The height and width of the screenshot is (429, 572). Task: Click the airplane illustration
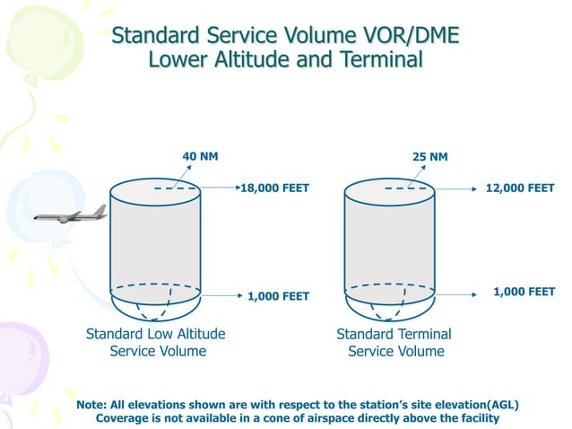pyautogui.click(x=71, y=214)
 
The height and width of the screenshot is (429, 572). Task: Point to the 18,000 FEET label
pyautogui.click(x=274, y=188)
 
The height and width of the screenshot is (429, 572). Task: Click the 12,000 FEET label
pyautogui.click(x=520, y=188)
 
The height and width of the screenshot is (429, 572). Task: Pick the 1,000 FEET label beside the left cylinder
pyautogui.click(x=278, y=295)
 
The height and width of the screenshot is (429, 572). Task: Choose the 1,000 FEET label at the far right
pyautogui.click(x=524, y=292)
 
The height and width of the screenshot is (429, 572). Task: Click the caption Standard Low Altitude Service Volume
pyautogui.click(x=156, y=342)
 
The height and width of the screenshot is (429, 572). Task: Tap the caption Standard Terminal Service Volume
pyautogui.click(x=394, y=342)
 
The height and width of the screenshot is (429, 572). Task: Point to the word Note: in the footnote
pyautogui.click(x=96, y=405)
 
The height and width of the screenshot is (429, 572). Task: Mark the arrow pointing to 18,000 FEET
pyautogui.click(x=219, y=188)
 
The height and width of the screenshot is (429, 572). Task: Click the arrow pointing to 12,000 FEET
pyautogui.click(x=453, y=188)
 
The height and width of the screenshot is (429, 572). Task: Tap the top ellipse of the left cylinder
pyautogui.click(x=155, y=189)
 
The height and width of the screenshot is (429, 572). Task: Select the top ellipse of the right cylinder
pyautogui.click(x=390, y=189)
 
